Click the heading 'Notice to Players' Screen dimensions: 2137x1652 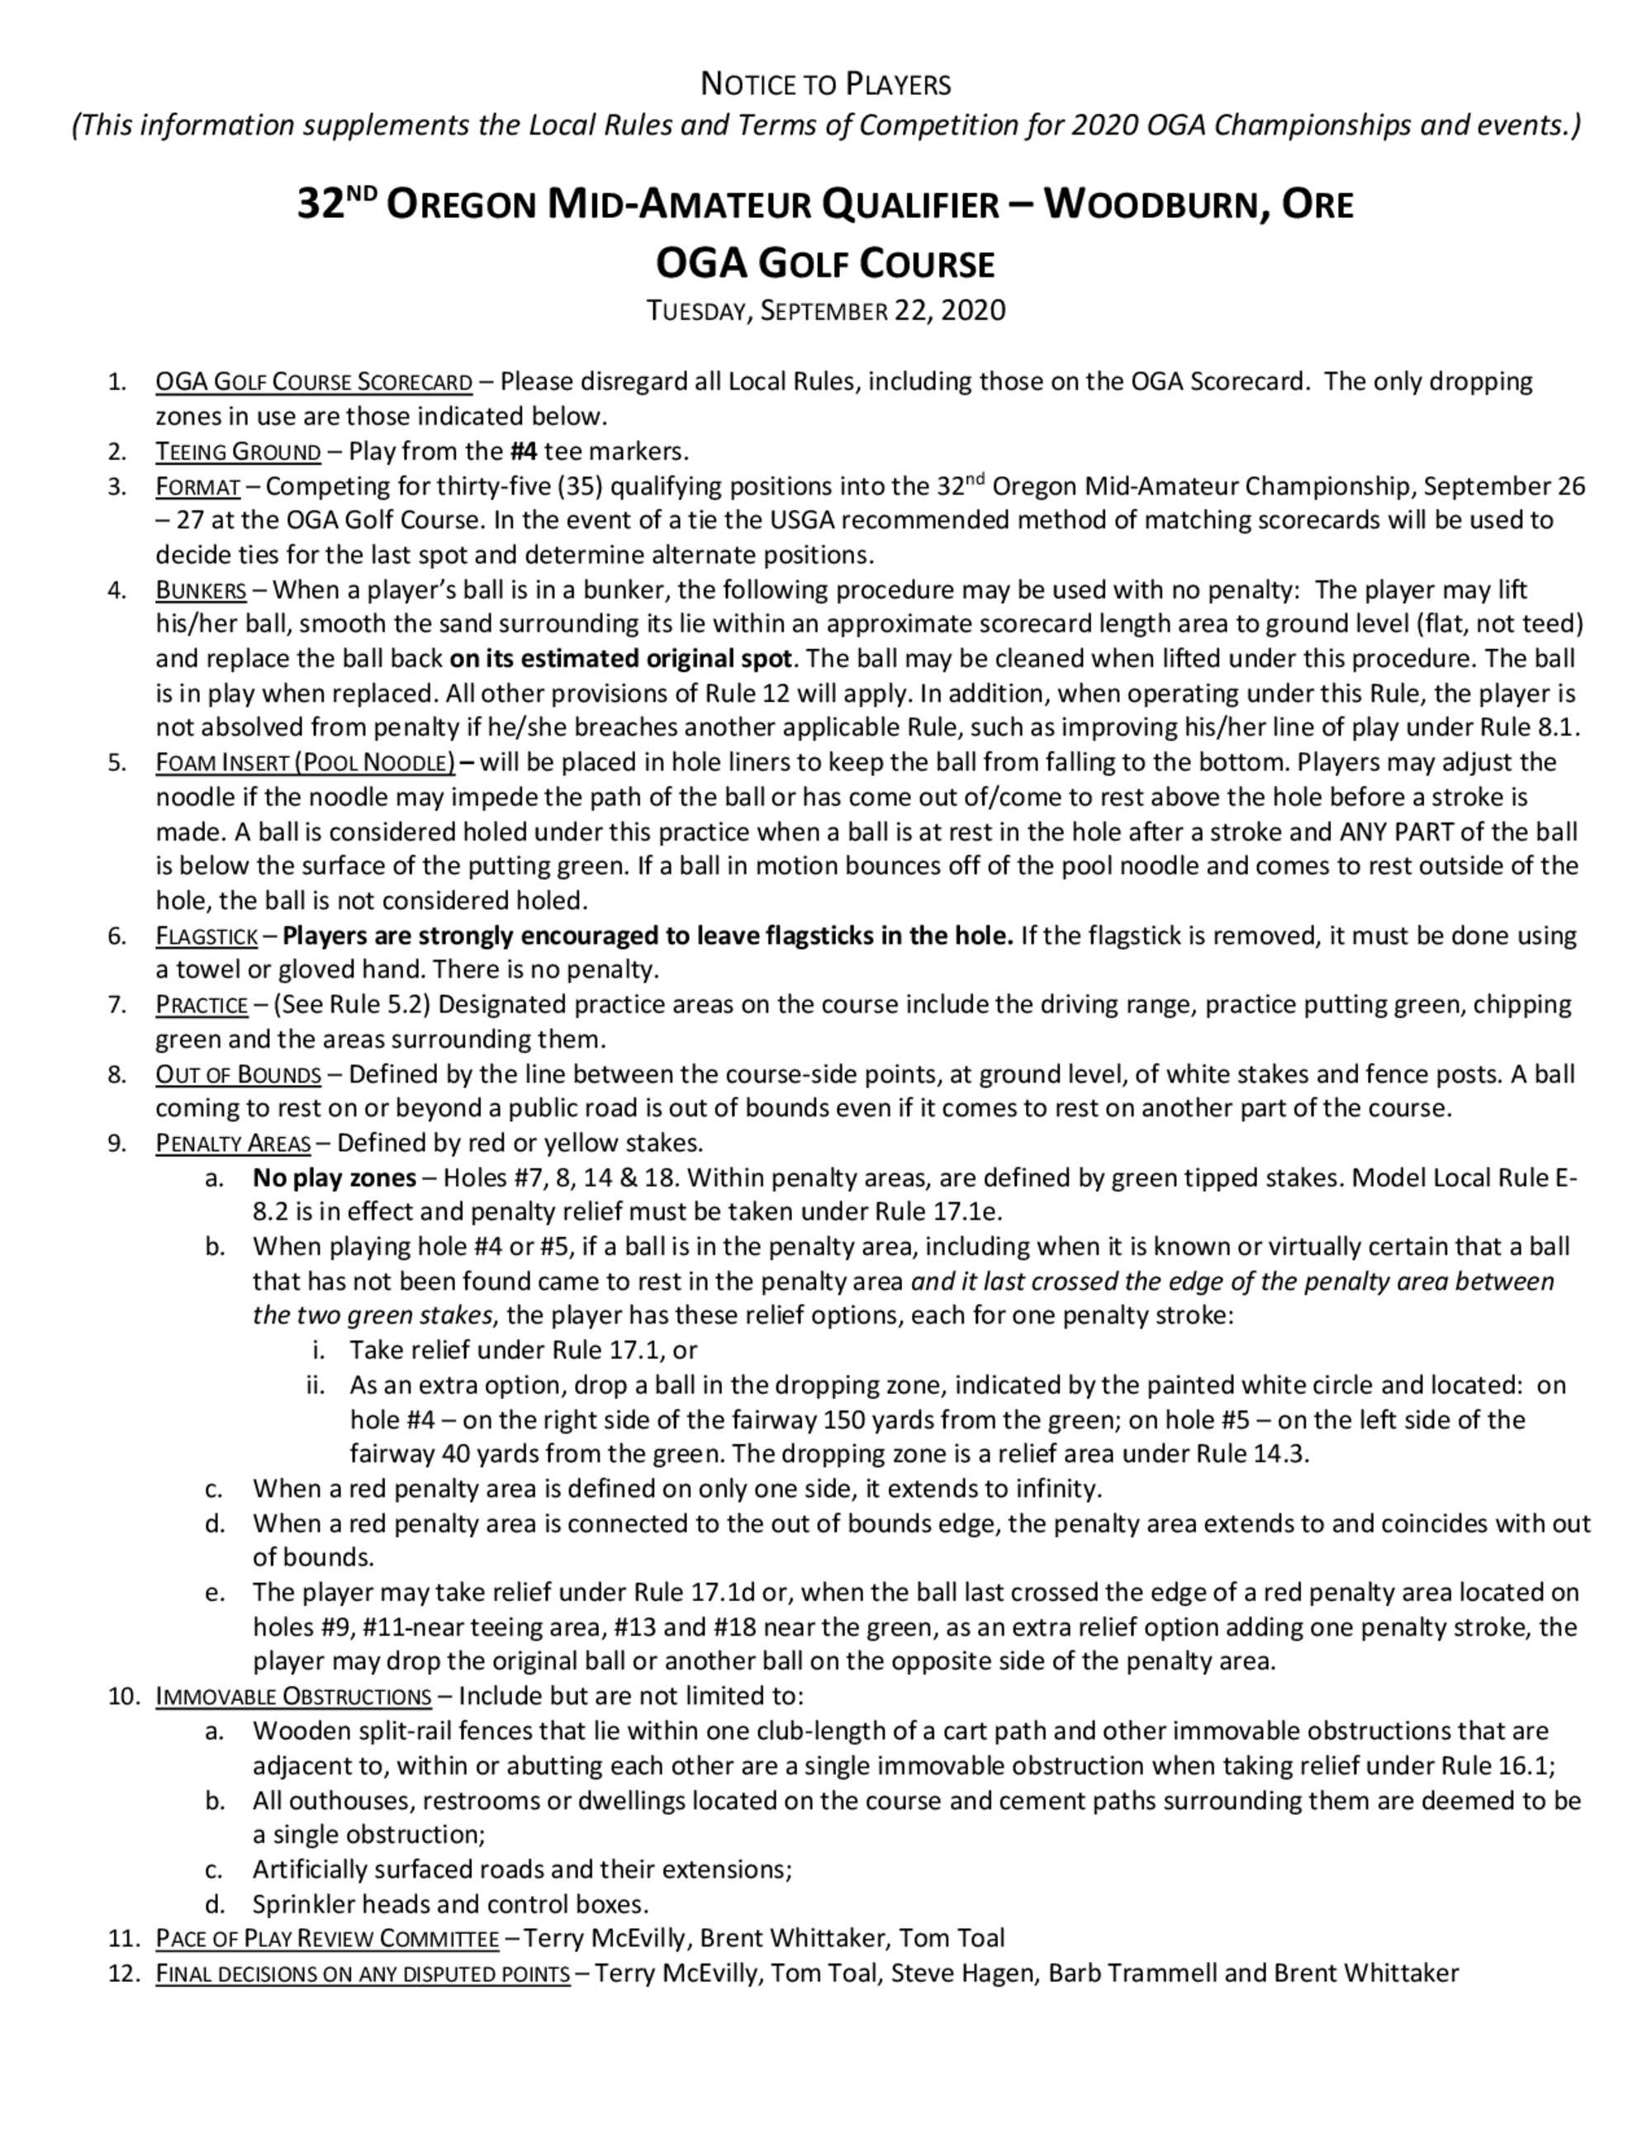pos(825,85)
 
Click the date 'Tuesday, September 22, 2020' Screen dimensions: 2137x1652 pos(825,310)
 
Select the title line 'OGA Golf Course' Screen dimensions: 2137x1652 pos(825,263)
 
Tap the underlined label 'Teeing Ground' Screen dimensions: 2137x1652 pos(238,451)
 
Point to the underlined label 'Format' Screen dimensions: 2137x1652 pos(197,486)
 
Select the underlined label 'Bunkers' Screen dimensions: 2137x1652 pos(201,590)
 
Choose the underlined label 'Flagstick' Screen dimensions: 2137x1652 pos(206,936)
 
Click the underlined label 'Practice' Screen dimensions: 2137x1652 pos(202,1005)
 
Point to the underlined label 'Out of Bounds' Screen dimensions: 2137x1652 pos(238,1074)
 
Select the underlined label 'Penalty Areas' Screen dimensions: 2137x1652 pos(233,1143)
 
